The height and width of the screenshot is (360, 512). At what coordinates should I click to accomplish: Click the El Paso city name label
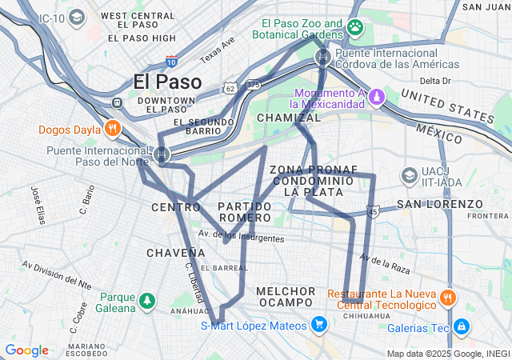click(x=168, y=81)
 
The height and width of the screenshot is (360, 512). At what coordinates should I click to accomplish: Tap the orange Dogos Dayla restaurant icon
click(x=113, y=127)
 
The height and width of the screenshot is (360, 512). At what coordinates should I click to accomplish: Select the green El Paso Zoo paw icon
click(x=355, y=28)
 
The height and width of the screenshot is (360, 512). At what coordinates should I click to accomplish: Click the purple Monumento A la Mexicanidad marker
click(x=376, y=97)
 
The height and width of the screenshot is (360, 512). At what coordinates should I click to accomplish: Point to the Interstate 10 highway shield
click(x=171, y=60)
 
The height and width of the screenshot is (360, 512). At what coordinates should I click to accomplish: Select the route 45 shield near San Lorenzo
click(x=373, y=212)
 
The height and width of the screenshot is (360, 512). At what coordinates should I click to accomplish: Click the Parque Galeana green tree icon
click(x=146, y=301)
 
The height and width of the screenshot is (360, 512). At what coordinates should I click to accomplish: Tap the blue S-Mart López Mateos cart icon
click(x=319, y=325)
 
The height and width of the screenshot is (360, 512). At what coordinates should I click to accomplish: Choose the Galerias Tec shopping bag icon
click(x=462, y=326)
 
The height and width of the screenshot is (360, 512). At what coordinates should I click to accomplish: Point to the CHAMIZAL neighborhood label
click(x=288, y=118)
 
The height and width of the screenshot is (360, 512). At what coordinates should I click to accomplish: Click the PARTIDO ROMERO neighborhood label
click(x=244, y=212)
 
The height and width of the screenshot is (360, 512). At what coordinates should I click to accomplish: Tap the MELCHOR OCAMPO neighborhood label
click(x=286, y=296)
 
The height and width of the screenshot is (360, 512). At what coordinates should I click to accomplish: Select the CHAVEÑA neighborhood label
click(x=171, y=253)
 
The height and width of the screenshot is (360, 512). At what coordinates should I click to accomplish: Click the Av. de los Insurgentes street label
click(x=241, y=237)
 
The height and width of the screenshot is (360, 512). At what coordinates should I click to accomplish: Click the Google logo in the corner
click(x=26, y=350)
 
